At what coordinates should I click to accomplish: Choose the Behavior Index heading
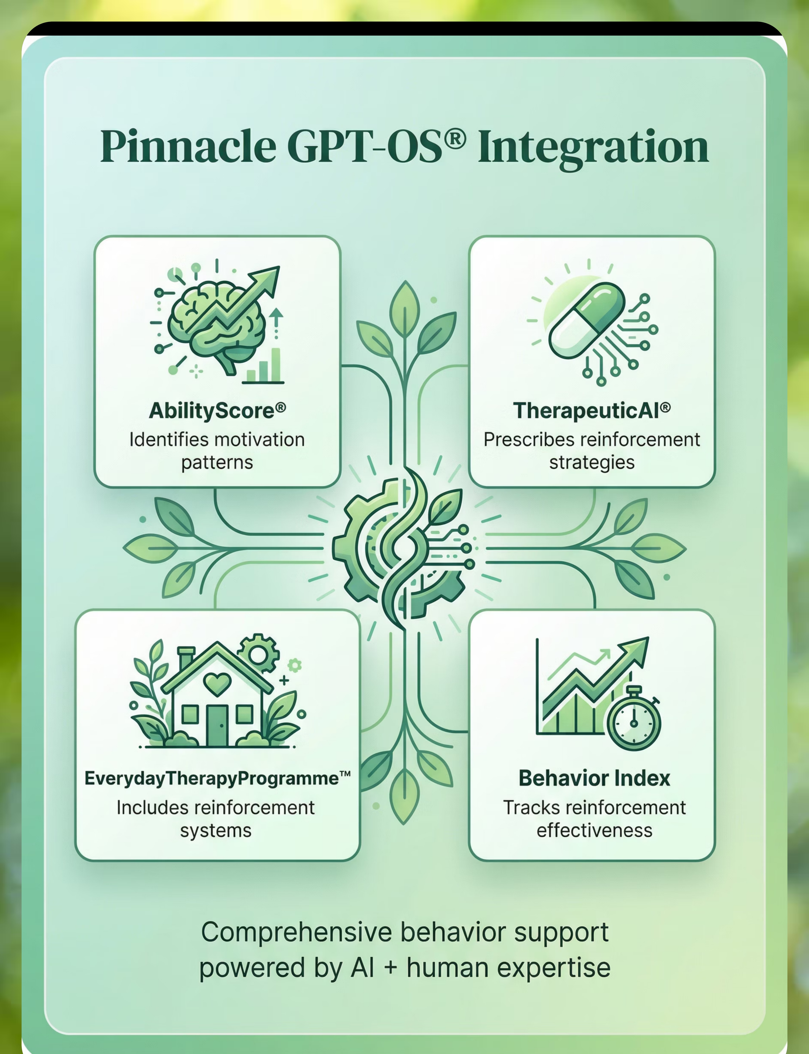click(x=594, y=778)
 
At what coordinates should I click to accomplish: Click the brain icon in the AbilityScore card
click(x=217, y=327)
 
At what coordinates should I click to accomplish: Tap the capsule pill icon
click(x=587, y=320)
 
